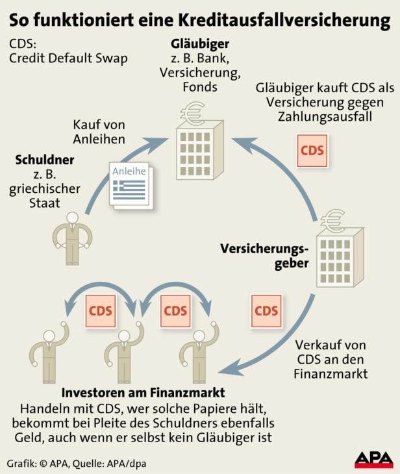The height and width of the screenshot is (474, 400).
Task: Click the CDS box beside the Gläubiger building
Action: tap(312, 149)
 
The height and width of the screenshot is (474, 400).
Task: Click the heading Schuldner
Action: tap(46, 159)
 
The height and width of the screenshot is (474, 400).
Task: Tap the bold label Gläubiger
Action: tap(191, 44)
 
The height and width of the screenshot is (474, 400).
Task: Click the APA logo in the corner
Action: tap(373, 460)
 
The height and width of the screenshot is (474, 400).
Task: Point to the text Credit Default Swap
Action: tap(68, 58)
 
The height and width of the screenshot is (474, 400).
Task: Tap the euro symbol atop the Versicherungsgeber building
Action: tap(334, 222)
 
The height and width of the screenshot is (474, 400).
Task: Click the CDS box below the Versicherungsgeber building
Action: tap(266, 310)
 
